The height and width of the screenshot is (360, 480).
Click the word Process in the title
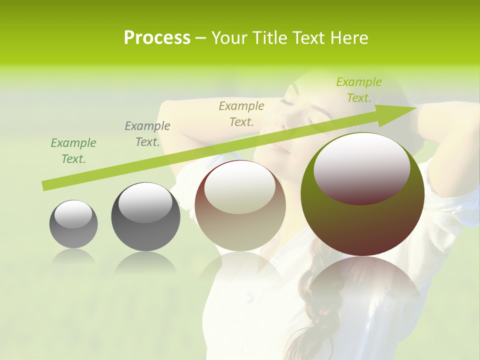157,38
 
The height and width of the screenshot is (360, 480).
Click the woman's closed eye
287,101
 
